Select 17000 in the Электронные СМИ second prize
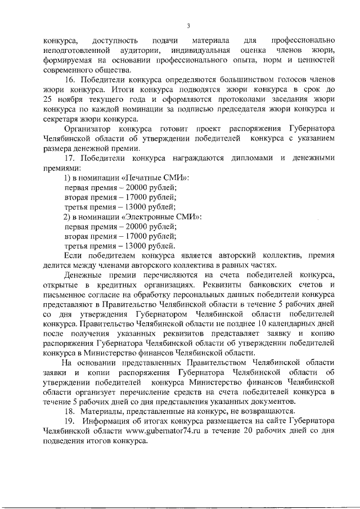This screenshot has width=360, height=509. click(x=134, y=237)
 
